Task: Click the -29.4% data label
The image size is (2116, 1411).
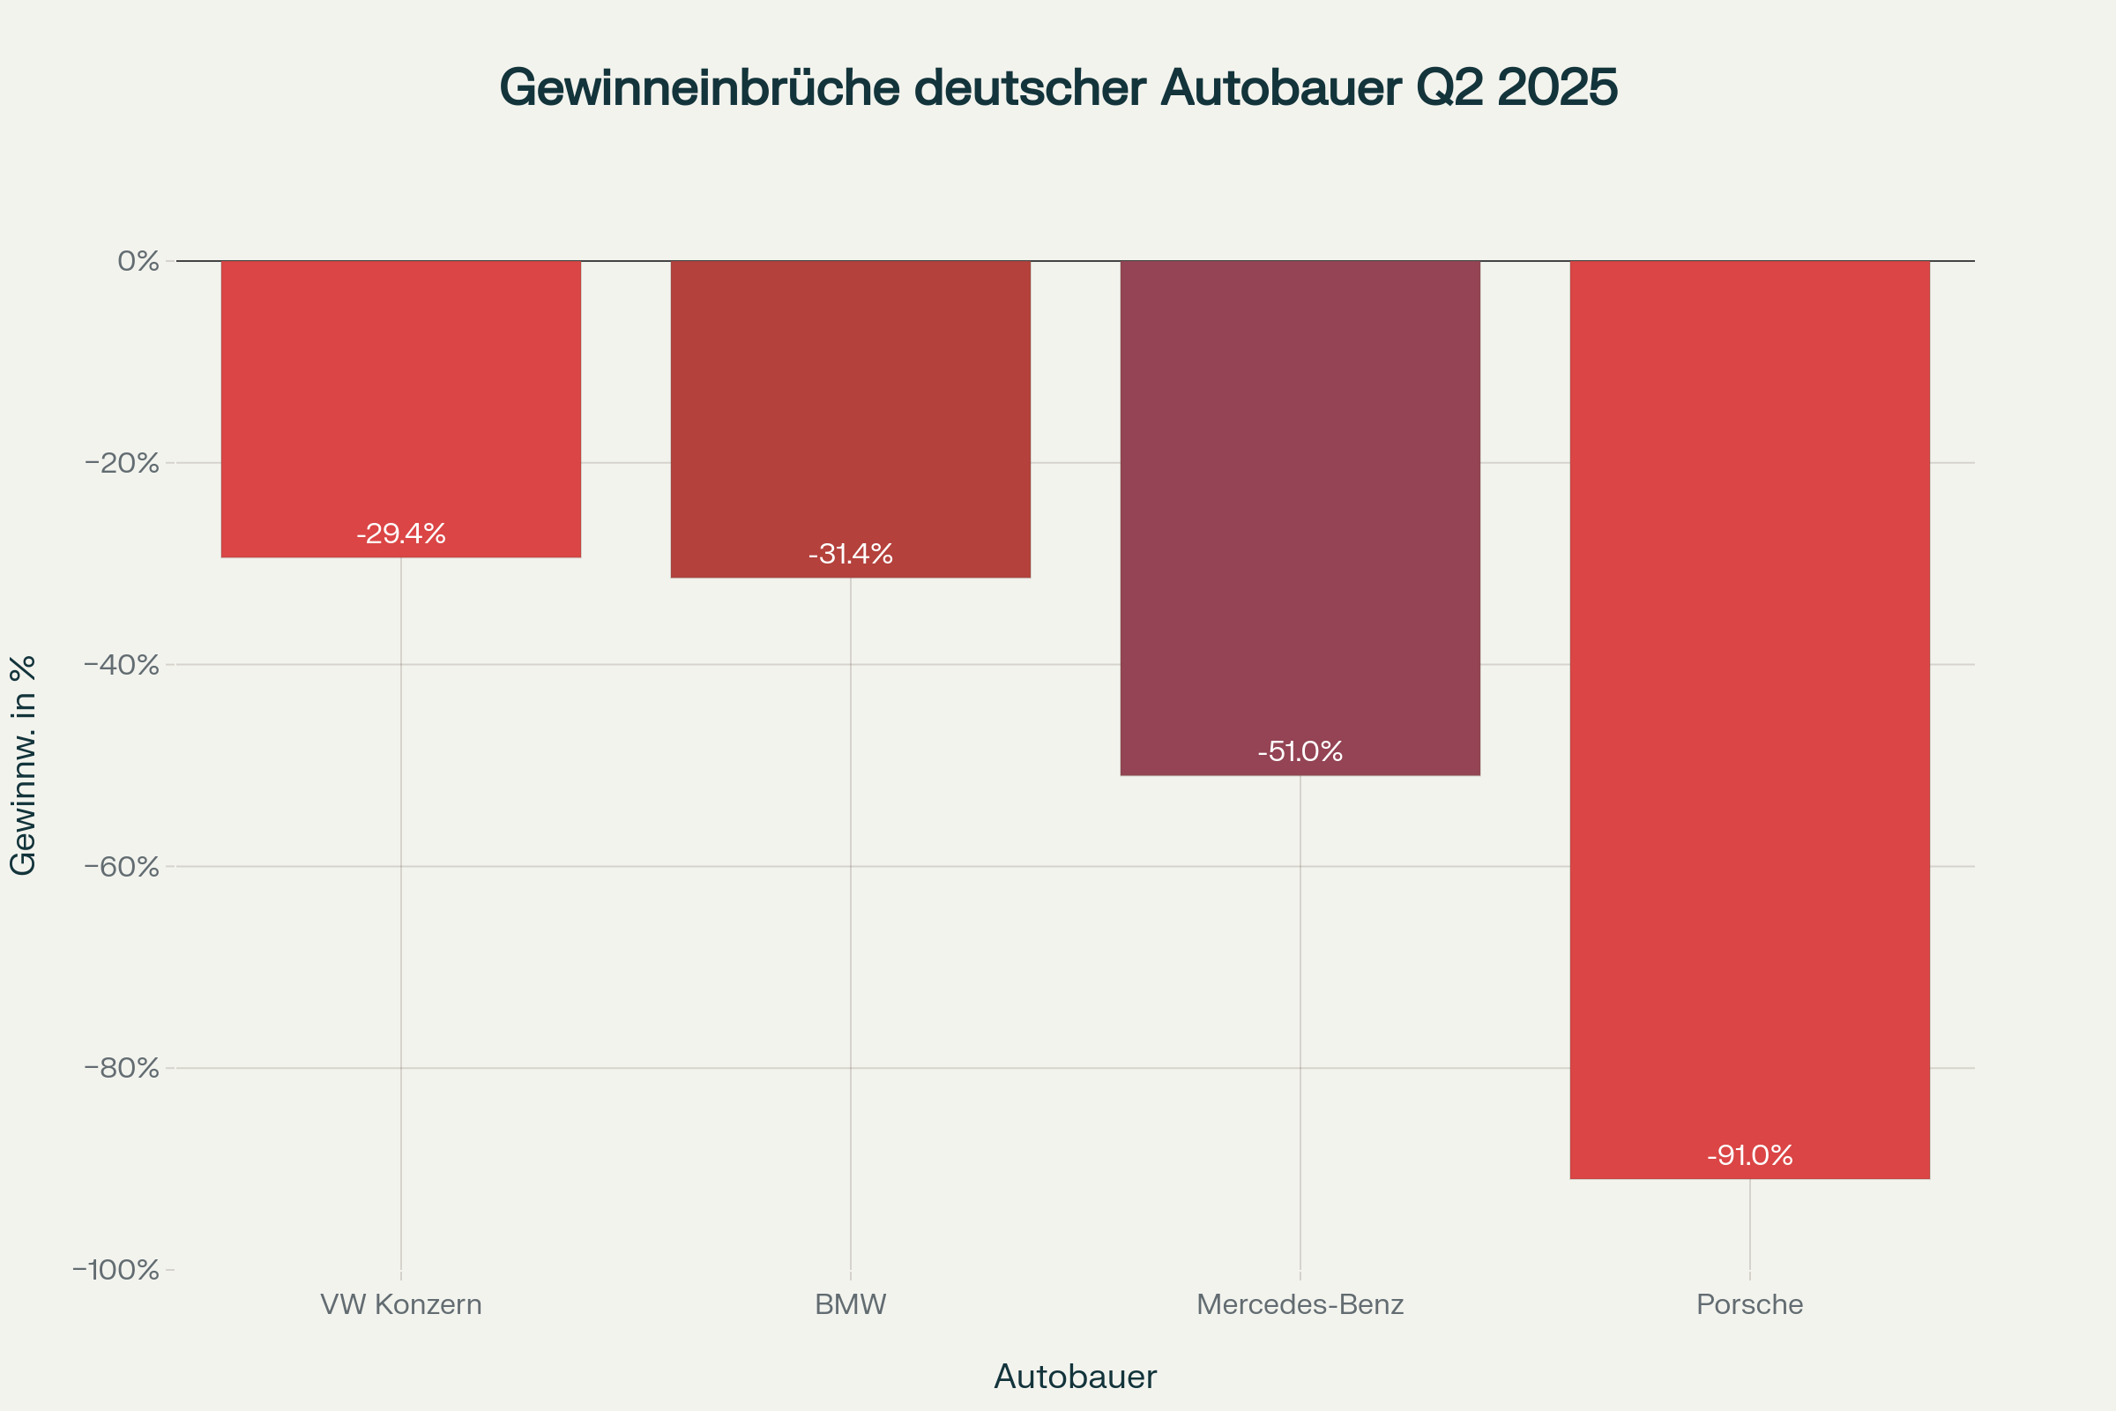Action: click(401, 534)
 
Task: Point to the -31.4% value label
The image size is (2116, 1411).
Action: click(850, 554)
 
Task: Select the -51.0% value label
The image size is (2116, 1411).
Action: click(1300, 751)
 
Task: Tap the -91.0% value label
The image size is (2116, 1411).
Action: click(1750, 1154)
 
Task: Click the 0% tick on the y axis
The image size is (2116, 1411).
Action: click(138, 261)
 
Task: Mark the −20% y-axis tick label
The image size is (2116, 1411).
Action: click(123, 464)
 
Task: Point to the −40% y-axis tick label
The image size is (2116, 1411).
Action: click(123, 665)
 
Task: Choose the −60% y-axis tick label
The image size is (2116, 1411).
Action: click(123, 867)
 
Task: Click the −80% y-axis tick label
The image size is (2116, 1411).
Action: click(123, 1068)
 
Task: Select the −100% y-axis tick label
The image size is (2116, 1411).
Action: click(116, 1270)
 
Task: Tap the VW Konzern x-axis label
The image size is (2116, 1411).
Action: click(401, 1305)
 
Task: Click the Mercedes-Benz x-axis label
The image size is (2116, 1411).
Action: click(1300, 1305)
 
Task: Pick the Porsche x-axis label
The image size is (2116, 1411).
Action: click(1750, 1305)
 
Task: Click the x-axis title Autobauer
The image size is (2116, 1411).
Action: click(1075, 1377)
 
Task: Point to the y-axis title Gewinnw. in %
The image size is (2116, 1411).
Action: click(24, 765)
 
